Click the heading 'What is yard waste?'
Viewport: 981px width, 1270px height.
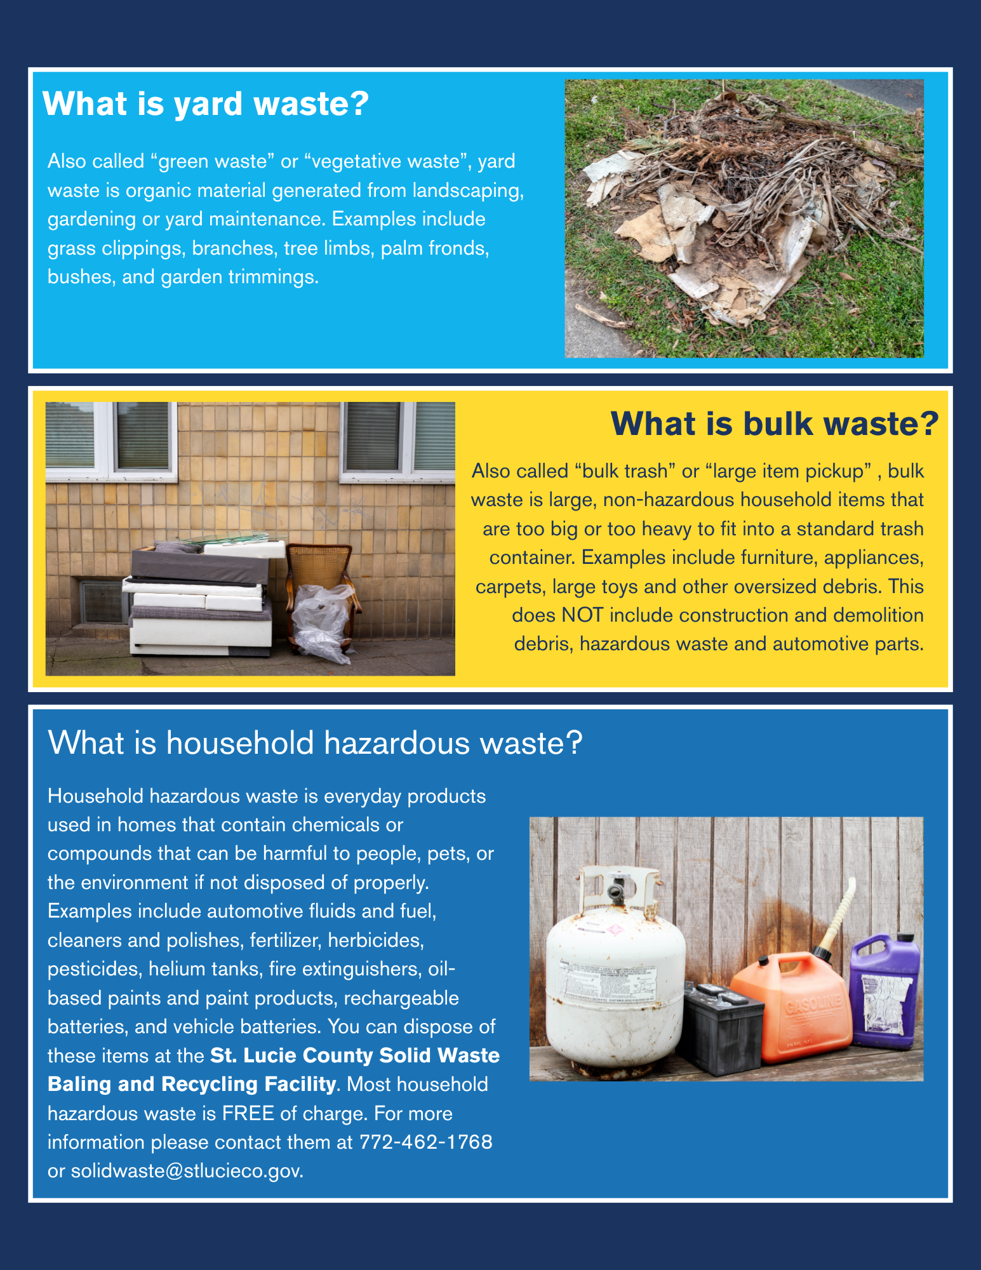[205, 104]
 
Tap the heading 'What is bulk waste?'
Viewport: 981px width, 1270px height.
[774, 424]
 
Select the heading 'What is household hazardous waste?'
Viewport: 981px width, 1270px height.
[315, 742]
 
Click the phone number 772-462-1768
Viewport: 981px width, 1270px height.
[425, 1142]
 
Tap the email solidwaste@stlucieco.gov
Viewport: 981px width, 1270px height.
[187, 1170]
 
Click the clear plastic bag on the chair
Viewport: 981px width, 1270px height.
[321, 622]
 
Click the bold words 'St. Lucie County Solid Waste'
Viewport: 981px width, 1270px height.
[354, 1055]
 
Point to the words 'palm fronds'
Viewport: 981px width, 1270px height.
[435, 248]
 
